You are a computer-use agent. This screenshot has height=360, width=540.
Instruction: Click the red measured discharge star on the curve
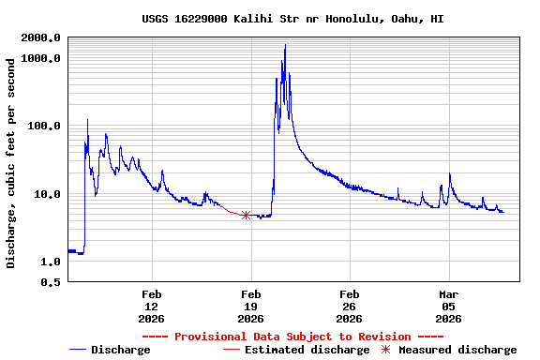(x=246, y=215)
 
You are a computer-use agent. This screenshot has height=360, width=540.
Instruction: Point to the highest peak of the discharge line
(x=285, y=45)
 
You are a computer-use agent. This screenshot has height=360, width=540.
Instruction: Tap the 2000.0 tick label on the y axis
(x=42, y=37)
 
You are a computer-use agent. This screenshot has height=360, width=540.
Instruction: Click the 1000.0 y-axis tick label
(x=42, y=58)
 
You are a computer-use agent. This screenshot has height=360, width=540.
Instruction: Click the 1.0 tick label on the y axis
(x=52, y=262)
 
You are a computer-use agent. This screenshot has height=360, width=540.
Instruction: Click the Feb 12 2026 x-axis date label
(x=152, y=306)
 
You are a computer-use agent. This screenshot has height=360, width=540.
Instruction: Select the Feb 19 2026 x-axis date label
(x=250, y=306)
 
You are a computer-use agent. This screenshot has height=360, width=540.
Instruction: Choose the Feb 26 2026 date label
(x=350, y=306)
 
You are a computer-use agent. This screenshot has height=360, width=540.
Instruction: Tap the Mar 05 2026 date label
(x=448, y=306)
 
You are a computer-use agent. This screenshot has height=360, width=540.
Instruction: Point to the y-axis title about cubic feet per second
(x=11, y=163)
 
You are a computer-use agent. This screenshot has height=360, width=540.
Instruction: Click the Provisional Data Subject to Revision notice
(x=292, y=337)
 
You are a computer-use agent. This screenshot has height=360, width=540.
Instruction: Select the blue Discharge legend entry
(x=110, y=350)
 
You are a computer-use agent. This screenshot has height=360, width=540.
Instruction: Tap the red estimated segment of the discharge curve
(x=229, y=210)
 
